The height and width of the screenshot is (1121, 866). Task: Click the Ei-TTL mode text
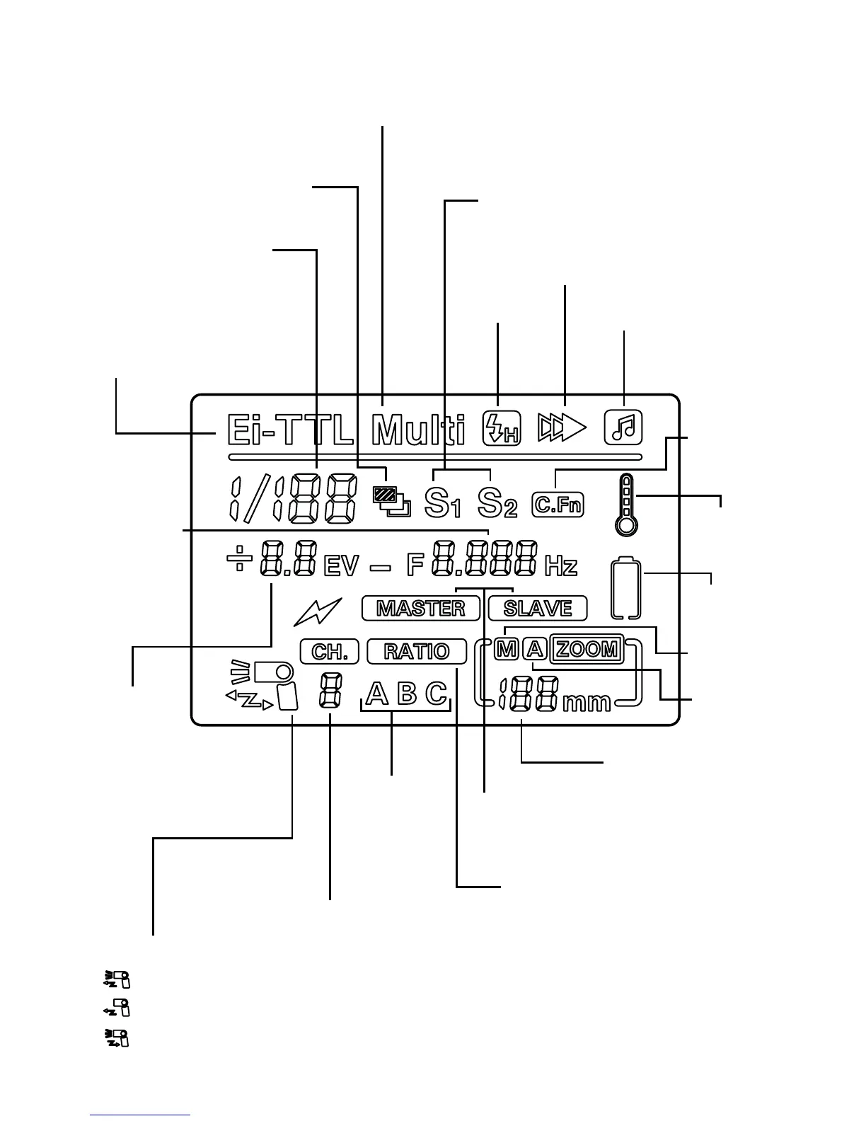tap(289, 430)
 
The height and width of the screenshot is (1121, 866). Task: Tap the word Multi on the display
tap(418, 430)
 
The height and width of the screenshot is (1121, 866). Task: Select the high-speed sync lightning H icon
tap(501, 429)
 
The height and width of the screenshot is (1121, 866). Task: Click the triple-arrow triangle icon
tap(562, 427)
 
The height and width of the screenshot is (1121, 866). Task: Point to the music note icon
tap(623, 427)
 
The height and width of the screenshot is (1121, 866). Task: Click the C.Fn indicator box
tap(558, 505)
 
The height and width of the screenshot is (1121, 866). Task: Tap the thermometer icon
tap(626, 505)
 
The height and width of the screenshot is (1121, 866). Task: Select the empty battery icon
tap(627, 589)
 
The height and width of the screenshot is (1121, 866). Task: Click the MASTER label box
tap(420, 609)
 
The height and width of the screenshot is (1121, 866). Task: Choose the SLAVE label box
tap(538, 609)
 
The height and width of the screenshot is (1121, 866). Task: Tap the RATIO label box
tap(417, 651)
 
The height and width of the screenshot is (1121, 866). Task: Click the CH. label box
tap(329, 651)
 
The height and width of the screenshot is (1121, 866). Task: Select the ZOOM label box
tap(587, 648)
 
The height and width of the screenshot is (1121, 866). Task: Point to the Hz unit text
tap(561, 566)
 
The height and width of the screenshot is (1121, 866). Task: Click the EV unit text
tap(341, 567)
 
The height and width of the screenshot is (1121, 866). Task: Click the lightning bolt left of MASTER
tap(318, 611)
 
